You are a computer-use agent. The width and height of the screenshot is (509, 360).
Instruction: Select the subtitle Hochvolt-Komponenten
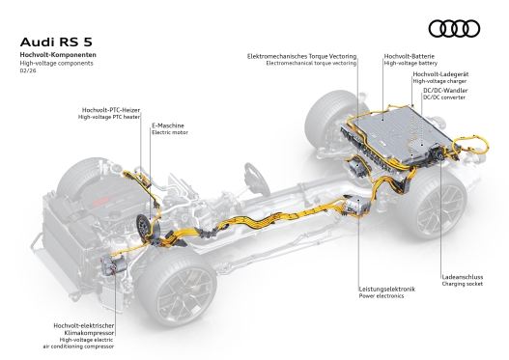click(55, 58)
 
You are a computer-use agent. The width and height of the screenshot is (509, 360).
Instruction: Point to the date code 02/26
click(26, 74)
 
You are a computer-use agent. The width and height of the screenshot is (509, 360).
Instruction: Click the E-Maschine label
click(168, 125)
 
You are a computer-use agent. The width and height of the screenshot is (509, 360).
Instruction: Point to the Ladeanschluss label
click(459, 276)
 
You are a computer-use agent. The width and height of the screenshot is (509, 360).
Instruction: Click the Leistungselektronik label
click(385, 289)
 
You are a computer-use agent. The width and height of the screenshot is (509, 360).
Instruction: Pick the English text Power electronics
click(379, 296)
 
